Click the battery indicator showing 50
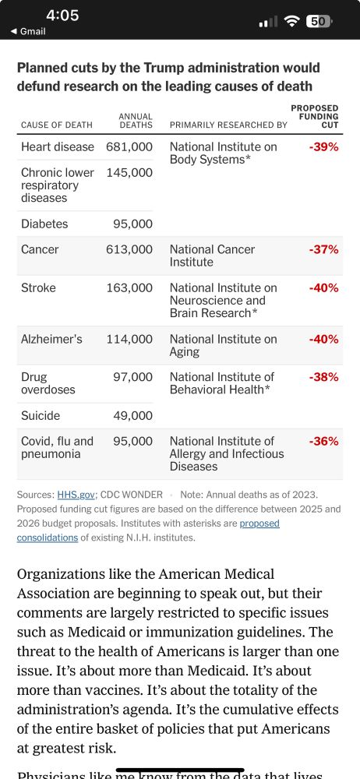317,21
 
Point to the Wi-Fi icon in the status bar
292,21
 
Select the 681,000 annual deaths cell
129,147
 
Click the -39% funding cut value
323,147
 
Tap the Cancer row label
40,250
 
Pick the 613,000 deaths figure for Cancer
129,250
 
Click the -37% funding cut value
323,250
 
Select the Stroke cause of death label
39,288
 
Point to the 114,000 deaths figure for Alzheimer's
129,340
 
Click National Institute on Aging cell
223,346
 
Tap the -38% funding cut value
323,378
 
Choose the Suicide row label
41,416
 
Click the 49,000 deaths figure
132,416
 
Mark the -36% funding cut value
323,442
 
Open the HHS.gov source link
76,495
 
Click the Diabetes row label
44,224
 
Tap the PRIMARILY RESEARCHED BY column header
228,125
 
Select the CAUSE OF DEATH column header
57,125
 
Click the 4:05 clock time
62,16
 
